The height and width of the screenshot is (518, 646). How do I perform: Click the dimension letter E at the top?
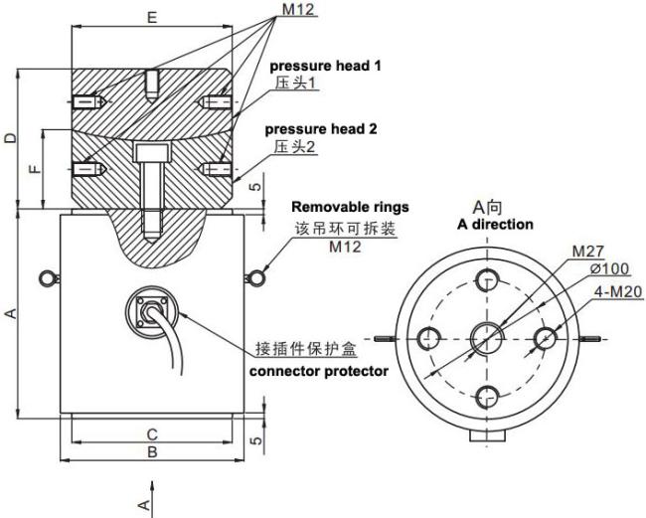coord(152,18)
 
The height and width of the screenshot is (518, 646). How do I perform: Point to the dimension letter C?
coord(152,434)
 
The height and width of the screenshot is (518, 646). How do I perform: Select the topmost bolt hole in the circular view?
coord(488,279)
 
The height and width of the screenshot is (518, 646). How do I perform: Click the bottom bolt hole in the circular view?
coord(488,395)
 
